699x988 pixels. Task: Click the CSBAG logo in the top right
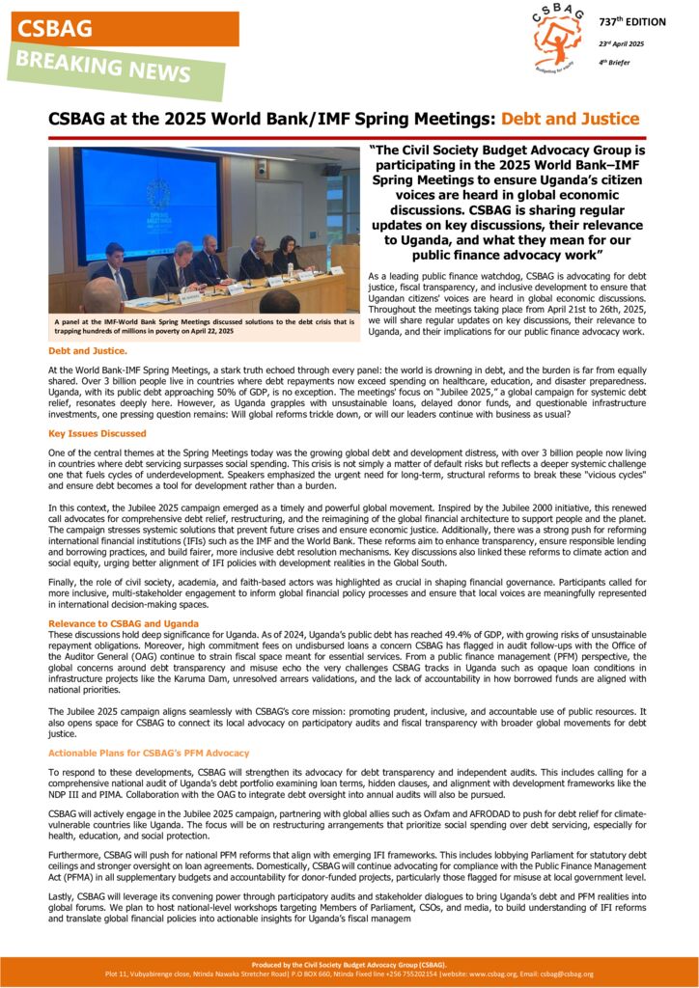(x=557, y=39)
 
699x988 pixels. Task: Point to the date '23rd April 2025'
(x=622, y=43)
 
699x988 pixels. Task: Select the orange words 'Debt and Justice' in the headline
(x=570, y=119)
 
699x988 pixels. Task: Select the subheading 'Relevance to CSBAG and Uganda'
(x=124, y=624)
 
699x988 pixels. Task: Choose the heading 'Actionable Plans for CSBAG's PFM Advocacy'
(x=149, y=753)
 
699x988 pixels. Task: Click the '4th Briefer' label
(x=616, y=63)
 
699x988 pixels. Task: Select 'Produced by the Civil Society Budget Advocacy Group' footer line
(x=349, y=964)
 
